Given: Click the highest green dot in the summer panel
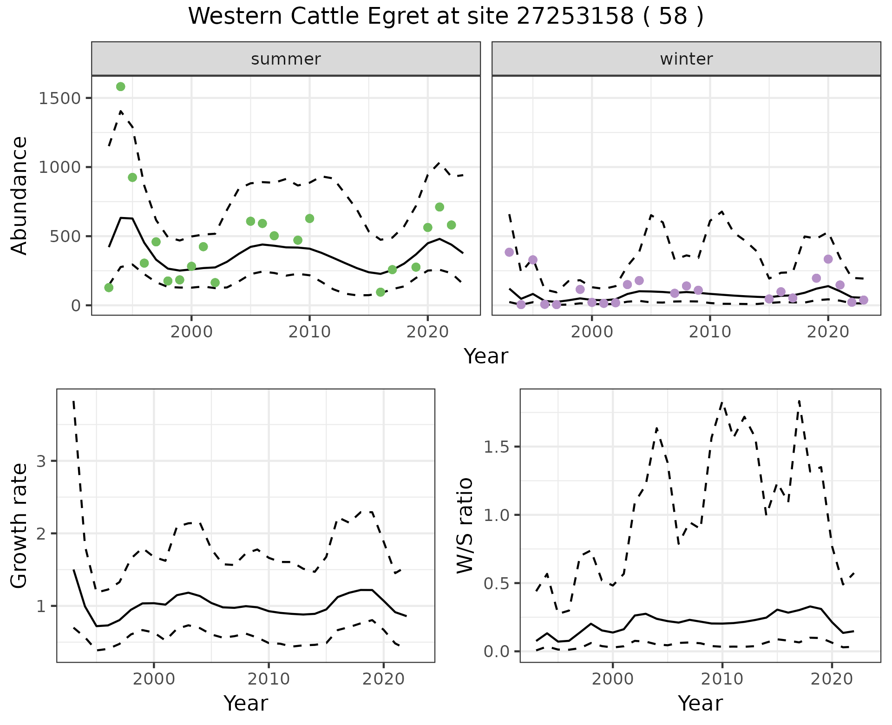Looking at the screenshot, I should [x=121, y=87].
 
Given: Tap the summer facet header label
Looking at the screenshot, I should [x=286, y=59].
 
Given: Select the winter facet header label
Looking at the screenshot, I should [x=686, y=59].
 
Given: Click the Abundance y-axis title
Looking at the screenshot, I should [x=20, y=195].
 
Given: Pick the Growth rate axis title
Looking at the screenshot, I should [x=20, y=526].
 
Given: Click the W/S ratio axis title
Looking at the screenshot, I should [x=465, y=526].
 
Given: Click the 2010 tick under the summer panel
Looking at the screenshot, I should [x=309, y=332].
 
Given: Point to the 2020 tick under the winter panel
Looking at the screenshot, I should [x=828, y=332].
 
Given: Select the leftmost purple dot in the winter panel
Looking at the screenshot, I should [x=509, y=252].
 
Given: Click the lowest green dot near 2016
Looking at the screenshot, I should [x=380, y=292].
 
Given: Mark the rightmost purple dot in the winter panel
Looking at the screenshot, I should [x=864, y=300].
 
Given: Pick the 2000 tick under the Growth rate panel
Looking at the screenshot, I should [x=154, y=679].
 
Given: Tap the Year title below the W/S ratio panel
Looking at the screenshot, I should [x=700, y=703].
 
